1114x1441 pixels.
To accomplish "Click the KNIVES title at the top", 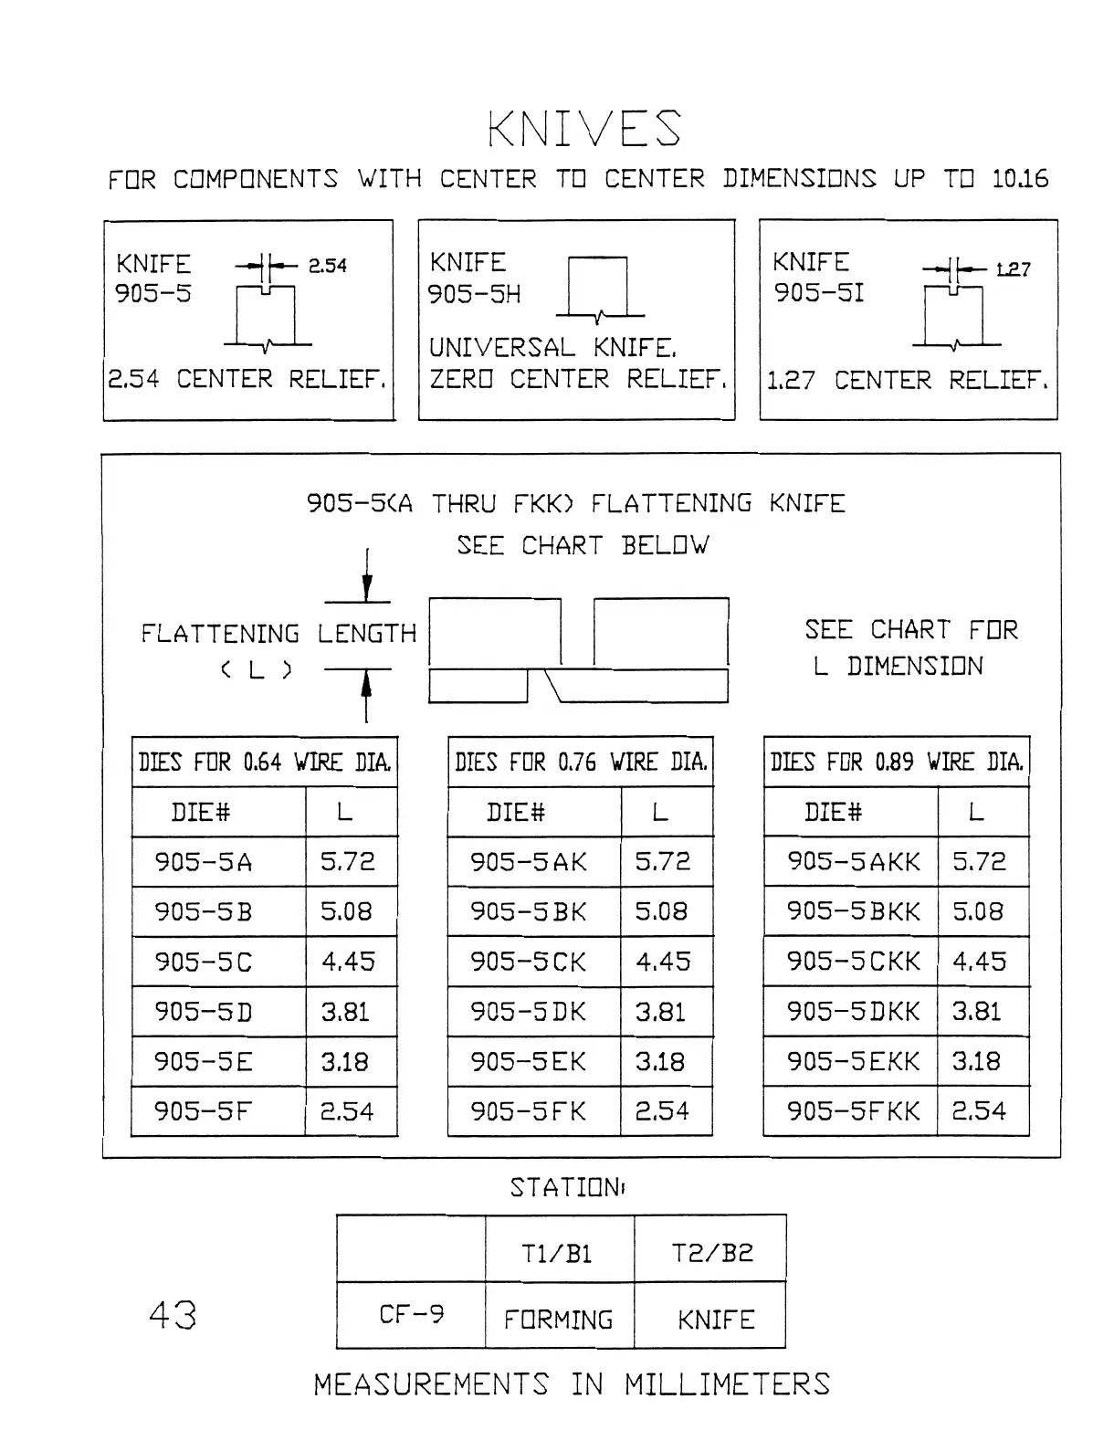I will coord(584,129).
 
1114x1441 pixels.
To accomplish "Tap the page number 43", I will coord(172,1315).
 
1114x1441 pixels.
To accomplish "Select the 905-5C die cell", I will coord(203,962).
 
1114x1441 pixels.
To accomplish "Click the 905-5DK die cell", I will coord(529,1012).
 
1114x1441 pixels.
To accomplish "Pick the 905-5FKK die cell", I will coord(854,1111).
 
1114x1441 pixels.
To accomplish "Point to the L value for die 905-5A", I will coord(347,861).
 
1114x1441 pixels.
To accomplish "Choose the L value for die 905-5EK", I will coord(660,1062).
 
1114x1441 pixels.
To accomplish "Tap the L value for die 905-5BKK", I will coord(978,911).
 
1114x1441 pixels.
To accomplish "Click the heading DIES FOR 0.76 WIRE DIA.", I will coord(581,762).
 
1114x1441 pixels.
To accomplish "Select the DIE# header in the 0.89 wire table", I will coord(833,812).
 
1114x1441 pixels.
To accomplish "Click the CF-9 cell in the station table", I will coord(411,1315).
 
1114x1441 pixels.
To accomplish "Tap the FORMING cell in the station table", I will coord(559,1319).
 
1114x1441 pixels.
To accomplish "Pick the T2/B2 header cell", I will coord(712,1253).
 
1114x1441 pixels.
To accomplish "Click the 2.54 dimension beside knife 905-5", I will coord(327,266).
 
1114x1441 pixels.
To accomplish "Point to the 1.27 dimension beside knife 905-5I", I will coord(1013,269).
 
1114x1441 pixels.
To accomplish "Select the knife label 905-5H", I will coord(474,294).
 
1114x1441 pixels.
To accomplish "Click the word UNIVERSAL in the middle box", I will coord(502,348).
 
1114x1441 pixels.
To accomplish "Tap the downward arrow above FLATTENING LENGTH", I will coord(367,584).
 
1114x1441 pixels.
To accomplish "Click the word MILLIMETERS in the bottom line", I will coord(727,1384).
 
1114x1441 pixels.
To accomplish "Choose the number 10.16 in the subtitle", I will coord(1020,178).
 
